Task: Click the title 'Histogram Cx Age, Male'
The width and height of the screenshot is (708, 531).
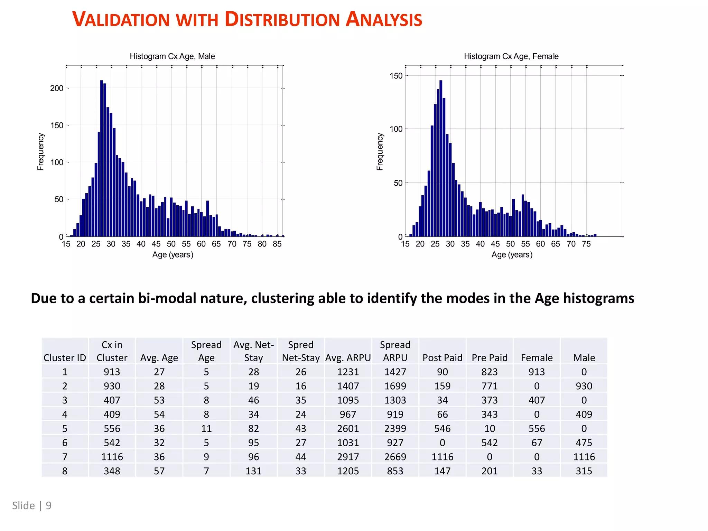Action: (172, 56)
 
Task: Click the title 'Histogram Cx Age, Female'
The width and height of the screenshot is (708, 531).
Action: (511, 56)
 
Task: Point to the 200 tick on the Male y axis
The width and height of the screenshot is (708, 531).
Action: (57, 88)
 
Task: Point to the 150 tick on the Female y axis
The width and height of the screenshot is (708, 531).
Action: (396, 76)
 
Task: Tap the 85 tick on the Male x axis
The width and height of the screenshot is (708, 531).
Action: (277, 244)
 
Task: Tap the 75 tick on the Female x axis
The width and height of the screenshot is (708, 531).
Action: (586, 244)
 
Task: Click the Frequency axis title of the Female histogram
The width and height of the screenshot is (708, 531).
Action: (380, 151)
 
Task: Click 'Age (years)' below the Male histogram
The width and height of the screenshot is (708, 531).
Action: (173, 255)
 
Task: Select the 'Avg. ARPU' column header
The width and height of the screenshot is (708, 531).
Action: (348, 357)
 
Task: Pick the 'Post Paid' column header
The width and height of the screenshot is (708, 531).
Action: (442, 357)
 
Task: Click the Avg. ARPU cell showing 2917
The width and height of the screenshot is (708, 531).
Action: (348, 457)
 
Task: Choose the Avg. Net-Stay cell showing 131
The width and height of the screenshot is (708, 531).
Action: (253, 471)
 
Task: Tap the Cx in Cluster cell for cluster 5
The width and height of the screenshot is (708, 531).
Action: (112, 428)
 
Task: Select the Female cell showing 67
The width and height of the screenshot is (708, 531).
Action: (537, 442)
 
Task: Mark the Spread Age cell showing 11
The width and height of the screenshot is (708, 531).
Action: (206, 428)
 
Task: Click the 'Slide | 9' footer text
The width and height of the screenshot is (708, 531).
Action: (32, 505)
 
